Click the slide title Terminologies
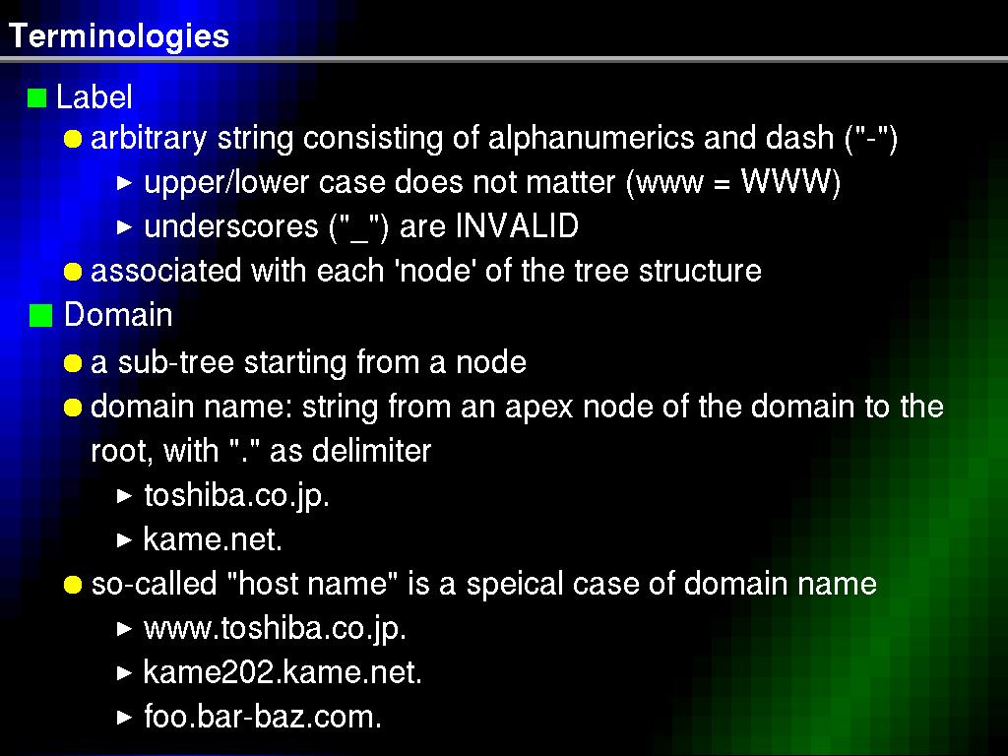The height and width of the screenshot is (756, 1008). (x=119, y=36)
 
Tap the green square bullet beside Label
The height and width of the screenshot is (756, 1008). (x=37, y=98)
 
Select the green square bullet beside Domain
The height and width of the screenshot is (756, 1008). (x=40, y=316)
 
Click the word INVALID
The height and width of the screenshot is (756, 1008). (x=518, y=226)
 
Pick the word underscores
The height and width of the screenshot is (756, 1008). (x=231, y=227)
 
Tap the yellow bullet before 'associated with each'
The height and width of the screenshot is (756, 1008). (x=73, y=272)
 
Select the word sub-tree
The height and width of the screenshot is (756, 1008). (x=175, y=362)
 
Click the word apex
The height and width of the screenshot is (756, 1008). (x=538, y=409)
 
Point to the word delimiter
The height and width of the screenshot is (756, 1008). (x=371, y=451)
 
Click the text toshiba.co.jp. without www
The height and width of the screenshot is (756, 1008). (x=236, y=496)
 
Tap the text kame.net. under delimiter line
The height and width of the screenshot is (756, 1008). (x=213, y=538)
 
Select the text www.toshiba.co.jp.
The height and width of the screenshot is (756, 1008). (x=276, y=629)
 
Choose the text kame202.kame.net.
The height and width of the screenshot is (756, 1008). (x=283, y=672)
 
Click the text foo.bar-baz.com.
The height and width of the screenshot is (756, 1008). (x=263, y=717)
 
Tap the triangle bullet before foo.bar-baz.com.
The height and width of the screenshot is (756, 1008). (x=125, y=718)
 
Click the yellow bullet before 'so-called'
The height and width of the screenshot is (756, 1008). (x=73, y=585)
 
